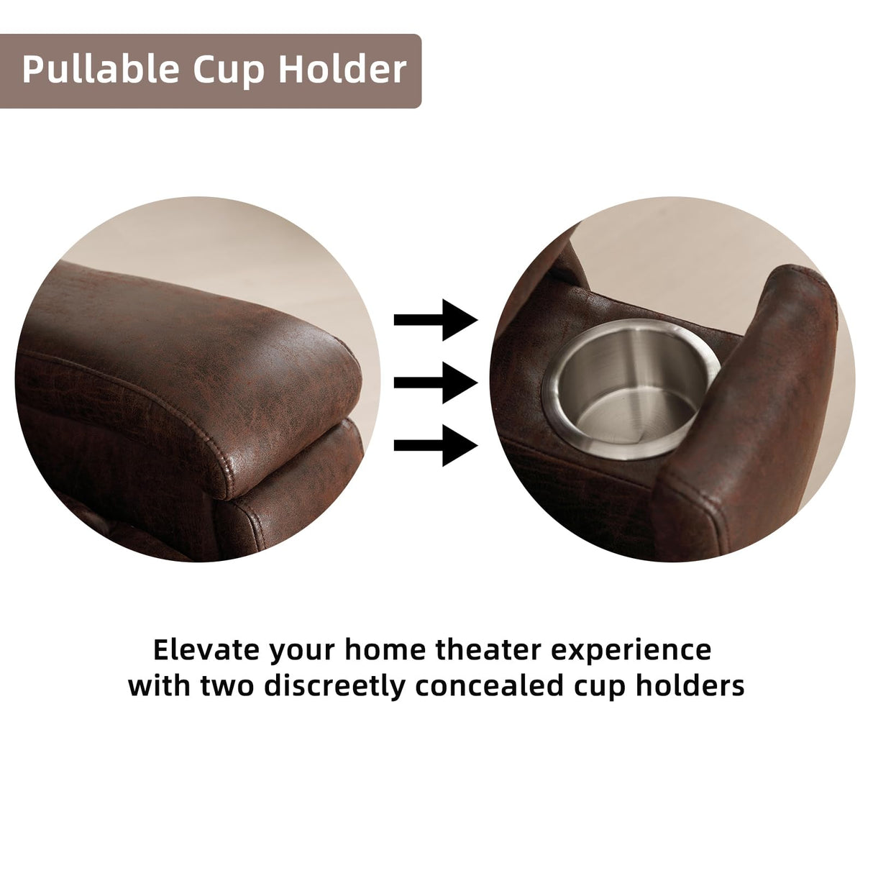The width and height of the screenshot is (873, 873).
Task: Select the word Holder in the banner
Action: click(x=342, y=69)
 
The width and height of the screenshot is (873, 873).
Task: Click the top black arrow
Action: click(x=436, y=319)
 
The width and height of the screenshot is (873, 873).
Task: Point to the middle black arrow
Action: click(x=436, y=383)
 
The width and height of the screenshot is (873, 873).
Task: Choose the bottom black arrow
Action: click(x=436, y=445)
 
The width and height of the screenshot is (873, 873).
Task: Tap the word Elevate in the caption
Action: click(x=206, y=650)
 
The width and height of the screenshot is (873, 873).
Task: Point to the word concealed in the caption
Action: click(x=490, y=685)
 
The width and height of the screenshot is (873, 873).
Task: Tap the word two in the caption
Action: click(x=227, y=686)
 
